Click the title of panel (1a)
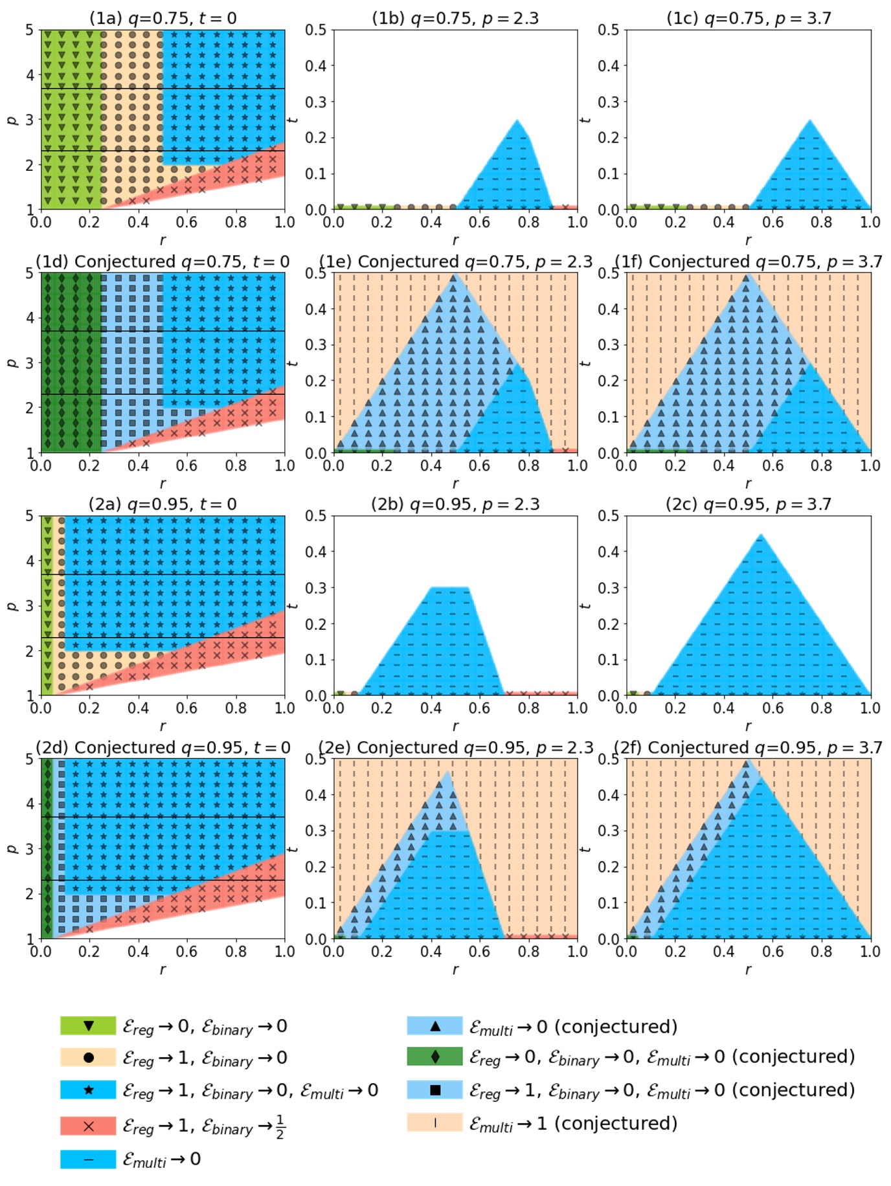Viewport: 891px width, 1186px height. [163, 18]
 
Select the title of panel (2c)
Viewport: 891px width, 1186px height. [748, 504]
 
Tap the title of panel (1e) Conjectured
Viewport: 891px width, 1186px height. [455, 262]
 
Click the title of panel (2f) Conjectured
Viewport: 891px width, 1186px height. [748, 748]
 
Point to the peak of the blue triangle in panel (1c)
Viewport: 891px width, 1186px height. [809, 120]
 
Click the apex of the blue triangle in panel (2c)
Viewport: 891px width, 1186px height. [761, 535]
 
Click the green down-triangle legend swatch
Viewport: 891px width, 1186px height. [89, 1026]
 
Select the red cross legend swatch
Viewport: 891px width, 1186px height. [89, 1126]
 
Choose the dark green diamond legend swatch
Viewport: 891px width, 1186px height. [434, 1057]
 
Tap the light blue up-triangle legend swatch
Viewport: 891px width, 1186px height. [434, 1026]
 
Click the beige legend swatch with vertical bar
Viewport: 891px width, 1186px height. [434, 1123]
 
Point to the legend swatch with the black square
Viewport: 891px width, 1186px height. [434, 1090]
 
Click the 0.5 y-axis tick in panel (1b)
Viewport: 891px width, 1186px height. [316, 30]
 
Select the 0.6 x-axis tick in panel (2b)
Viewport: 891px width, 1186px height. [479, 708]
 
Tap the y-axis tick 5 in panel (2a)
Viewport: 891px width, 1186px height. [30, 516]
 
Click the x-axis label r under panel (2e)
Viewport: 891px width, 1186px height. [455, 969]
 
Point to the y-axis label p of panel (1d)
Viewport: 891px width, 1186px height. [11, 363]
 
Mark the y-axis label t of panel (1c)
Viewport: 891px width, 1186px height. [585, 120]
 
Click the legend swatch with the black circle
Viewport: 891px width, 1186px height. [89, 1058]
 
